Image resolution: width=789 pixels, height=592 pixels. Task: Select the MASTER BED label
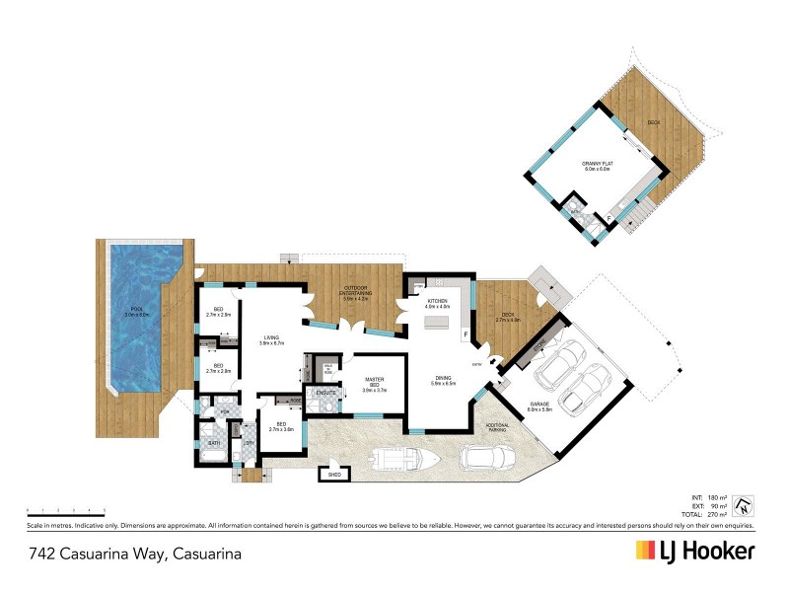point(373,381)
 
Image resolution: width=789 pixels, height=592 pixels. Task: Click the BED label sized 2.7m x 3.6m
point(281,425)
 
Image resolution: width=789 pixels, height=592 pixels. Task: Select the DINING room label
point(443,380)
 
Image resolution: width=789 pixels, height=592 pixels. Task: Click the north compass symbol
point(747,505)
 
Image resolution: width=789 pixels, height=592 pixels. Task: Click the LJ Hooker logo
point(695,553)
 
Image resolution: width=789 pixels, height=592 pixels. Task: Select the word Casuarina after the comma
point(207,555)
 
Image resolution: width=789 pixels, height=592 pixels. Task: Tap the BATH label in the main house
point(213,443)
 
